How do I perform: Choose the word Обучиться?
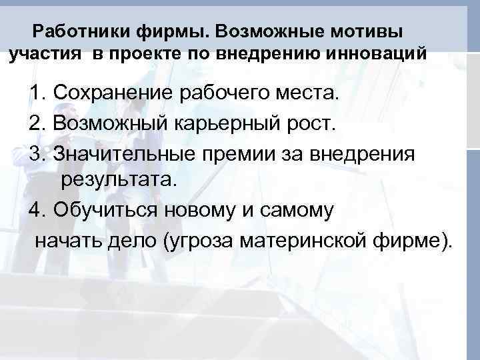click(x=105, y=210)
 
